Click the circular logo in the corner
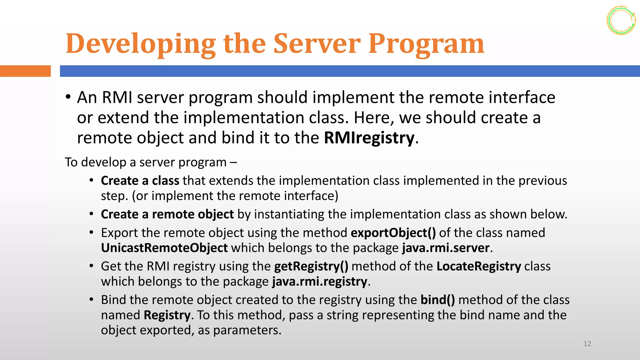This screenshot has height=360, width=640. coord(621,20)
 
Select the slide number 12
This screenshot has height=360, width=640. coord(587,344)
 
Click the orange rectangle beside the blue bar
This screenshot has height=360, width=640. coord(25,71)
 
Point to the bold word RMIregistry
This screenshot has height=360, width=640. coord(369,138)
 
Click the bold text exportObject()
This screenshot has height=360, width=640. coord(393,233)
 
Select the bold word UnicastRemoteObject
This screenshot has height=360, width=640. coord(164,248)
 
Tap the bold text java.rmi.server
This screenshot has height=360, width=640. coord(446,248)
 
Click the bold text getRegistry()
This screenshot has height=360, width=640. coord(311,266)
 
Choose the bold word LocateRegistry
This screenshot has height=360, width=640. coord(478,266)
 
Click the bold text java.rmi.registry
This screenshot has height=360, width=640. coord(319,282)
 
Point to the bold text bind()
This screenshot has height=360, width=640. coord(437,300)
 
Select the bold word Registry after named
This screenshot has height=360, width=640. coord(167,315)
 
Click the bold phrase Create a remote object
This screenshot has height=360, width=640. coord(167,214)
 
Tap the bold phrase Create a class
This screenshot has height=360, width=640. coord(140,181)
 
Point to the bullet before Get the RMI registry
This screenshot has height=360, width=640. coord(91,266)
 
